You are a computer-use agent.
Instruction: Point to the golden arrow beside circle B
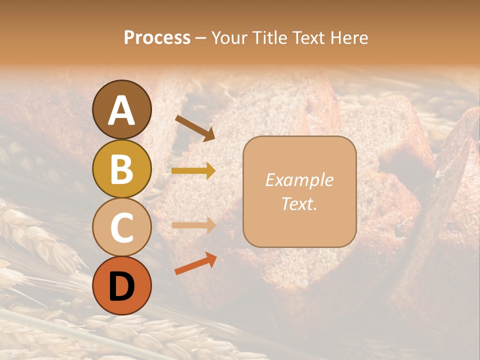pyautogui.click(x=193, y=171)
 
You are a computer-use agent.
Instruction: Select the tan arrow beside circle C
pyautogui.click(x=193, y=225)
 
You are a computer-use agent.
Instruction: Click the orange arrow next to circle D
pyautogui.click(x=195, y=263)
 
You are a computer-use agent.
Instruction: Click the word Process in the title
pyautogui.click(x=157, y=38)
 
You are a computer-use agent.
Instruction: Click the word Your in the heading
pyautogui.click(x=229, y=38)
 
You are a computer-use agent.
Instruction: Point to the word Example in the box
pyautogui.click(x=299, y=180)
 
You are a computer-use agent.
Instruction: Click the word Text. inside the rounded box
pyautogui.click(x=299, y=203)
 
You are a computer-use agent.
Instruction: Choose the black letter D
pyautogui.click(x=122, y=286)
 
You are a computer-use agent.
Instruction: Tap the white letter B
pyautogui.click(x=122, y=169)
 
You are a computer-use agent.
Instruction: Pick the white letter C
pyautogui.click(x=122, y=227)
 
